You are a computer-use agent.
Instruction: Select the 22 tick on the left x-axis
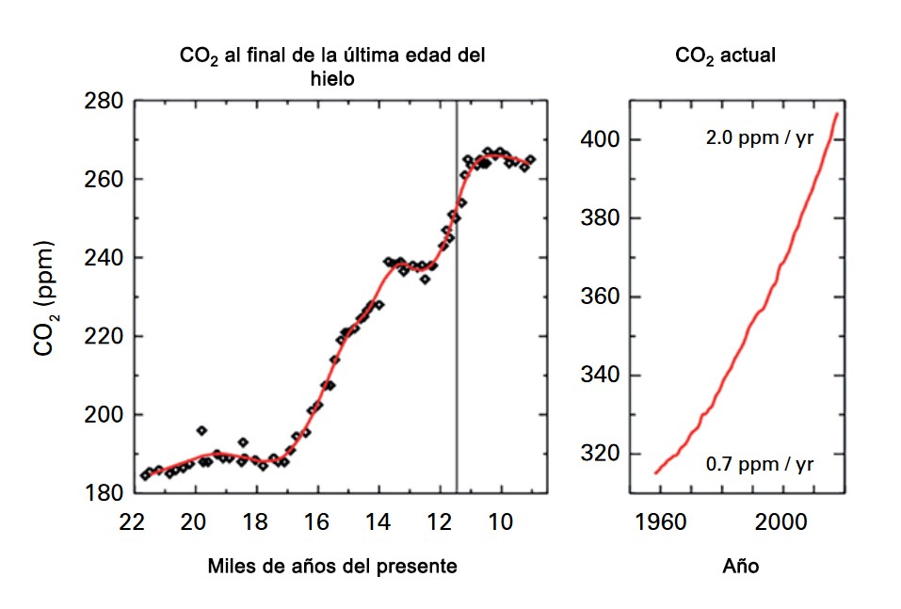133,523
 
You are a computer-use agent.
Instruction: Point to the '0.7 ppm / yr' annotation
760,464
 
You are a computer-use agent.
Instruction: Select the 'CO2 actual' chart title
725,56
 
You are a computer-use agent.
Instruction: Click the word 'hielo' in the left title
332,79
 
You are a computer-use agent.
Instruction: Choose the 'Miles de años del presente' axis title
332,567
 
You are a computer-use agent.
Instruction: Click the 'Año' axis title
741,567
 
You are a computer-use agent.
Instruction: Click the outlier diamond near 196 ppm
201,430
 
